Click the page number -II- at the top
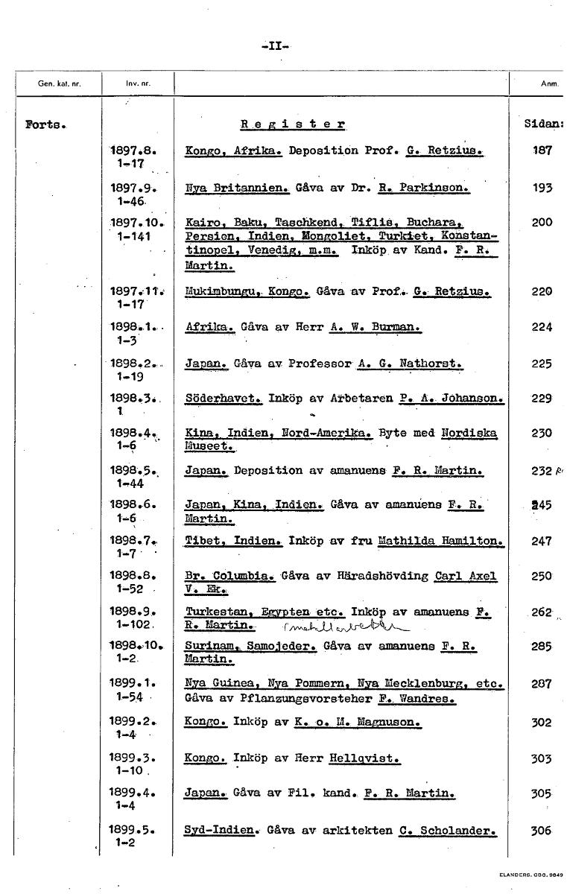click(276, 45)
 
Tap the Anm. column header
click(550, 83)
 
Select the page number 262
click(542, 612)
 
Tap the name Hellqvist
click(364, 758)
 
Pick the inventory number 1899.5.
click(132, 829)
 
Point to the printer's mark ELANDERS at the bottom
click(534, 874)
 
